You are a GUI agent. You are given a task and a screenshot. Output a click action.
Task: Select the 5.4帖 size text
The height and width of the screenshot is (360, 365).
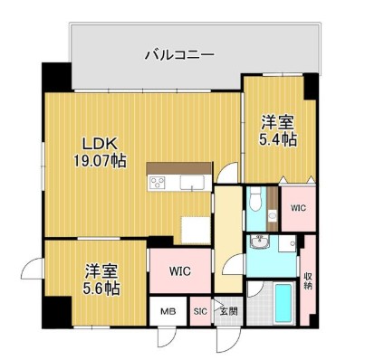[x=278, y=139]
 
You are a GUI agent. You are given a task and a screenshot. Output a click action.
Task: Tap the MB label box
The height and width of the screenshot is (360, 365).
[x=168, y=311]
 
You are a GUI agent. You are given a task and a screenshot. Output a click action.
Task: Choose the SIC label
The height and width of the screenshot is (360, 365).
[x=200, y=311]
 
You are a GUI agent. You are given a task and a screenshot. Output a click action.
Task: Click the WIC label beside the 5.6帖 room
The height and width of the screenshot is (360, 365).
[x=178, y=270]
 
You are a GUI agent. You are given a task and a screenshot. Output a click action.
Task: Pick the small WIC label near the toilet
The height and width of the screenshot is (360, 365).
[x=297, y=208]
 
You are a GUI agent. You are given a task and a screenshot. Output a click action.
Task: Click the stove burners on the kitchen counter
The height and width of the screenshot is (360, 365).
[x=158, y=184]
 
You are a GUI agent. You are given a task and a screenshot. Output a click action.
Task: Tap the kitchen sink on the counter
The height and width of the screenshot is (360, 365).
[x=192, y=184]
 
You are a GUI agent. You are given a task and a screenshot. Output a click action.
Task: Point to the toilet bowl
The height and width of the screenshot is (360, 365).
[x=257, y=200]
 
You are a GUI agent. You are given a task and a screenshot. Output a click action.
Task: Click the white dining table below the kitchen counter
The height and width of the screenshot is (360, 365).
[x=194, y=229]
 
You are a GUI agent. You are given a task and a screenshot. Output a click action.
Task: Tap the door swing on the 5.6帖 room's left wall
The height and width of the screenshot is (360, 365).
[x=34, y=269]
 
